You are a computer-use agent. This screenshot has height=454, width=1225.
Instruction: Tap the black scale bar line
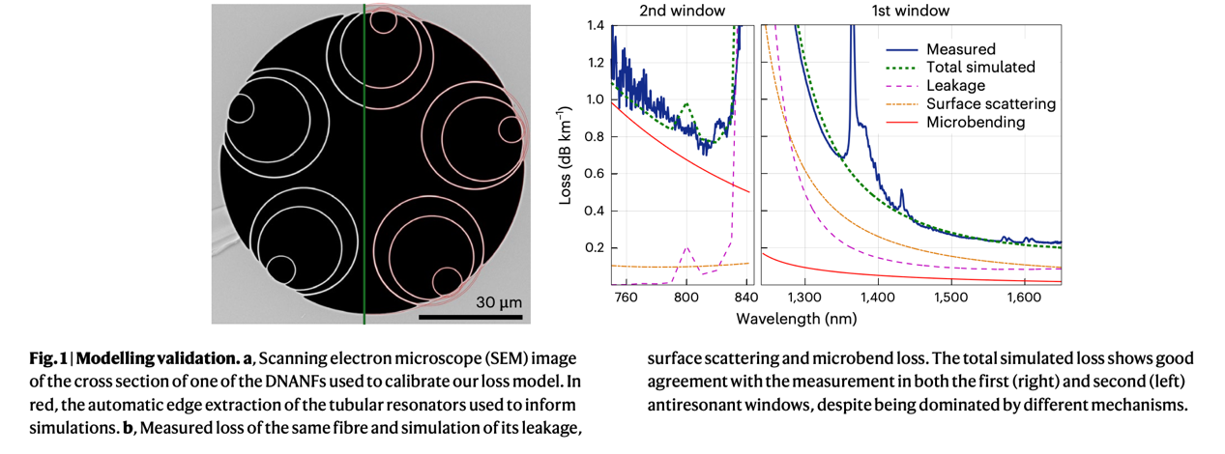pos(471,316)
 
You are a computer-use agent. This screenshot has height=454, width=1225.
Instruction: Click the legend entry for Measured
pos(960,49)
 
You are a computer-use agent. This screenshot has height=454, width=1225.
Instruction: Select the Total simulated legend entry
pos(980,68)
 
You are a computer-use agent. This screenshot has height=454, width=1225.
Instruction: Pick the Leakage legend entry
pos(957,86)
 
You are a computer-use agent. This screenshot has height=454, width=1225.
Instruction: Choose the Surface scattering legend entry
pos(990,104)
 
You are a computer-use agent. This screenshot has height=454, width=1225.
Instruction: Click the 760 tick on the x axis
pos(627,297)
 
